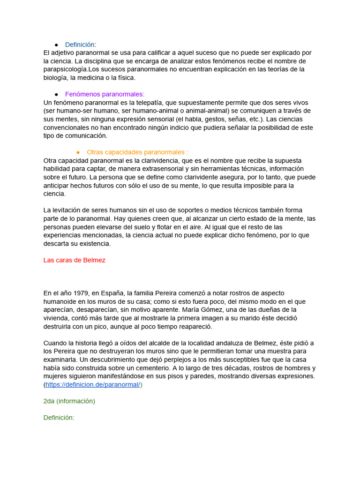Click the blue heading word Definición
tap(79, 44)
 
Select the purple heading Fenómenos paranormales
tap(105, 94)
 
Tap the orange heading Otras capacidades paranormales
tap(137, 152)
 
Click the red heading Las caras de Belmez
tap(74, 260)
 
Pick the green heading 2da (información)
tap(69, 401)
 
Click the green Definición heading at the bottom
tap(59, 418)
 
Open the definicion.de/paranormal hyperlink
tap(93, 384)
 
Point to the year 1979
tap(77, 293)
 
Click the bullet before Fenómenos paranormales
tap(56, 94)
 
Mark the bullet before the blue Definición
tap(56, 44)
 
